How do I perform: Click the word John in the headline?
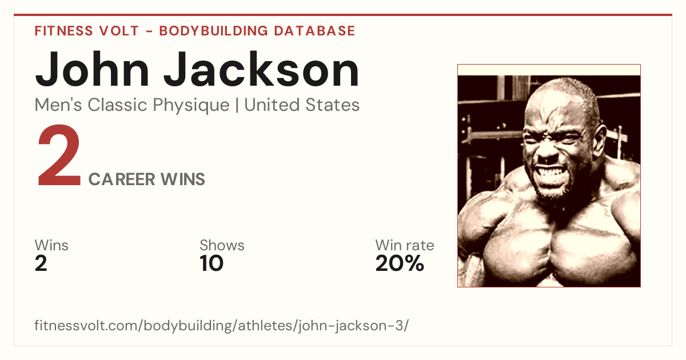coord(92,70)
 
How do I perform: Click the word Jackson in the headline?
coord(261,70)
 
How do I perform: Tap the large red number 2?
coord(59,155)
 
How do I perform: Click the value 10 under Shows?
coord(212,263)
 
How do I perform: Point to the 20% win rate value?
coord(400,263)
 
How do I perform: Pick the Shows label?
coord(222,245)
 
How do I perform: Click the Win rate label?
coord(405,245)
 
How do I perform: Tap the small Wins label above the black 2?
coord(51,245)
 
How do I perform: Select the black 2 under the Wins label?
coord(41,263)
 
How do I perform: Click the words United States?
coord(302,105)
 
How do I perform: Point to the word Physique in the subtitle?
coord(191,106)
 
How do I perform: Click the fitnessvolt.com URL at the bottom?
coord(221,325)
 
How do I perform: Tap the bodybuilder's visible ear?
coord(599,139)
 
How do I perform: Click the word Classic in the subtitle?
coord(118,105)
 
